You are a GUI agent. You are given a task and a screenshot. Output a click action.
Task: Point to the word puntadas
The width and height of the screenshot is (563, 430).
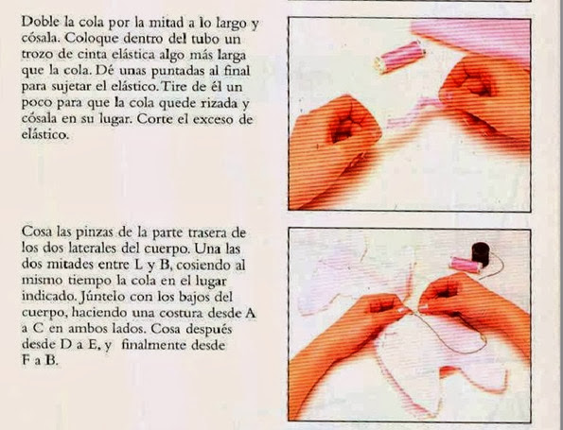click(177, 72)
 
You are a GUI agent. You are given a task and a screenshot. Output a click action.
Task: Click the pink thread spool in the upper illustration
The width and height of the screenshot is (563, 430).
click(399, 57)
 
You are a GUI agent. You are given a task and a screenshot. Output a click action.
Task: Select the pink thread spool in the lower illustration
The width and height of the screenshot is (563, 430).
click(466, 265)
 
